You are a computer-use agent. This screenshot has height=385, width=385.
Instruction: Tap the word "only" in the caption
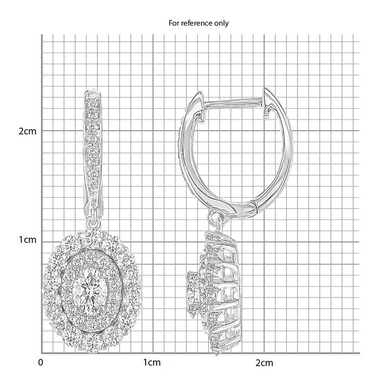(222, 23)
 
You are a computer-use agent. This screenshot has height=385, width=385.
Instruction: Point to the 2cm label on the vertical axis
(28, 131)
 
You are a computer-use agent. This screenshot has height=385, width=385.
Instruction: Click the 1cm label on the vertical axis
(28, 240)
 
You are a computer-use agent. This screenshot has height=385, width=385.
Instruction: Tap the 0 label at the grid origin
(41, 363)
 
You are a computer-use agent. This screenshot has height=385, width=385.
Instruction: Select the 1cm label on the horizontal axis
(152, 363)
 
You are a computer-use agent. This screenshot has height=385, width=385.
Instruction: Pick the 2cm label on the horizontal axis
(264, 363)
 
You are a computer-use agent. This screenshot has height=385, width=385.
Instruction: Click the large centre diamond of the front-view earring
(90, 292)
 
